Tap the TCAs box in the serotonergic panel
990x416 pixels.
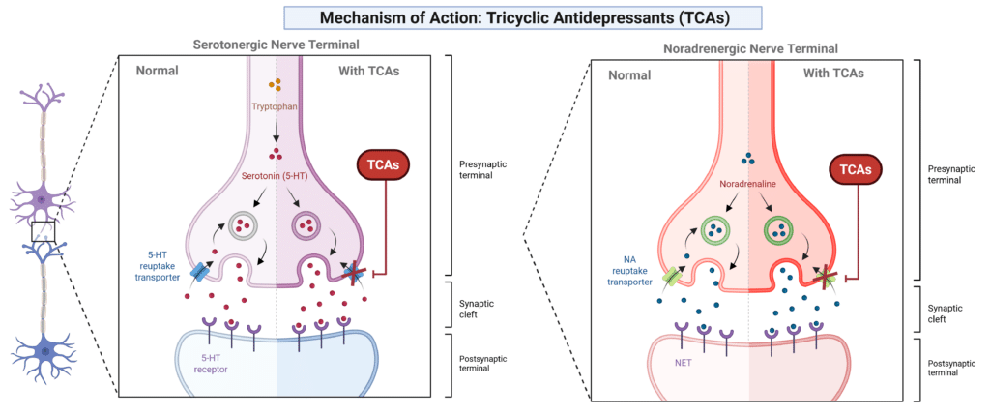pyautogui.click(x=383, y=167)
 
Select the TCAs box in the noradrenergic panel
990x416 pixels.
pyautogui.click(x=856, y=170)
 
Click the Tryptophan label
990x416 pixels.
pyautogui.click(x=275, y=106)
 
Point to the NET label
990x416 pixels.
pyautogui.click(x=678, y=363)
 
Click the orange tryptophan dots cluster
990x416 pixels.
pyautogui.click(x=275, y=85)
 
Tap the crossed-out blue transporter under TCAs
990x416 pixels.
pyautogui.click(x=355, y=273)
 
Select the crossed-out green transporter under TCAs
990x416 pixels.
pyautogui.click(x=827, y=277)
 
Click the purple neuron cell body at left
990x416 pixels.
pyautogui.click(x=41, y=200)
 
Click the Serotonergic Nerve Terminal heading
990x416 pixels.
pyautogui.click(x=277, y=45)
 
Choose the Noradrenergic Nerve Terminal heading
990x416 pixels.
pyautogui.click(x=750, y=48)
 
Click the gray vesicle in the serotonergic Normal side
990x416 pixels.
pyautogui.click(x=241, y=223)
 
